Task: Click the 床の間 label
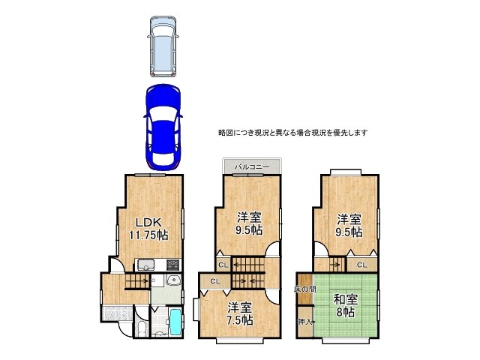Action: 305,289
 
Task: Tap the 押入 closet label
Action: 304,322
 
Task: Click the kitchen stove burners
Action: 172,264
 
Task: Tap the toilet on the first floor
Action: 142,328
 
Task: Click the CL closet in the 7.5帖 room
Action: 214,281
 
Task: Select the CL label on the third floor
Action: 361,265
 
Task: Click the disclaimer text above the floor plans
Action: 292,133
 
